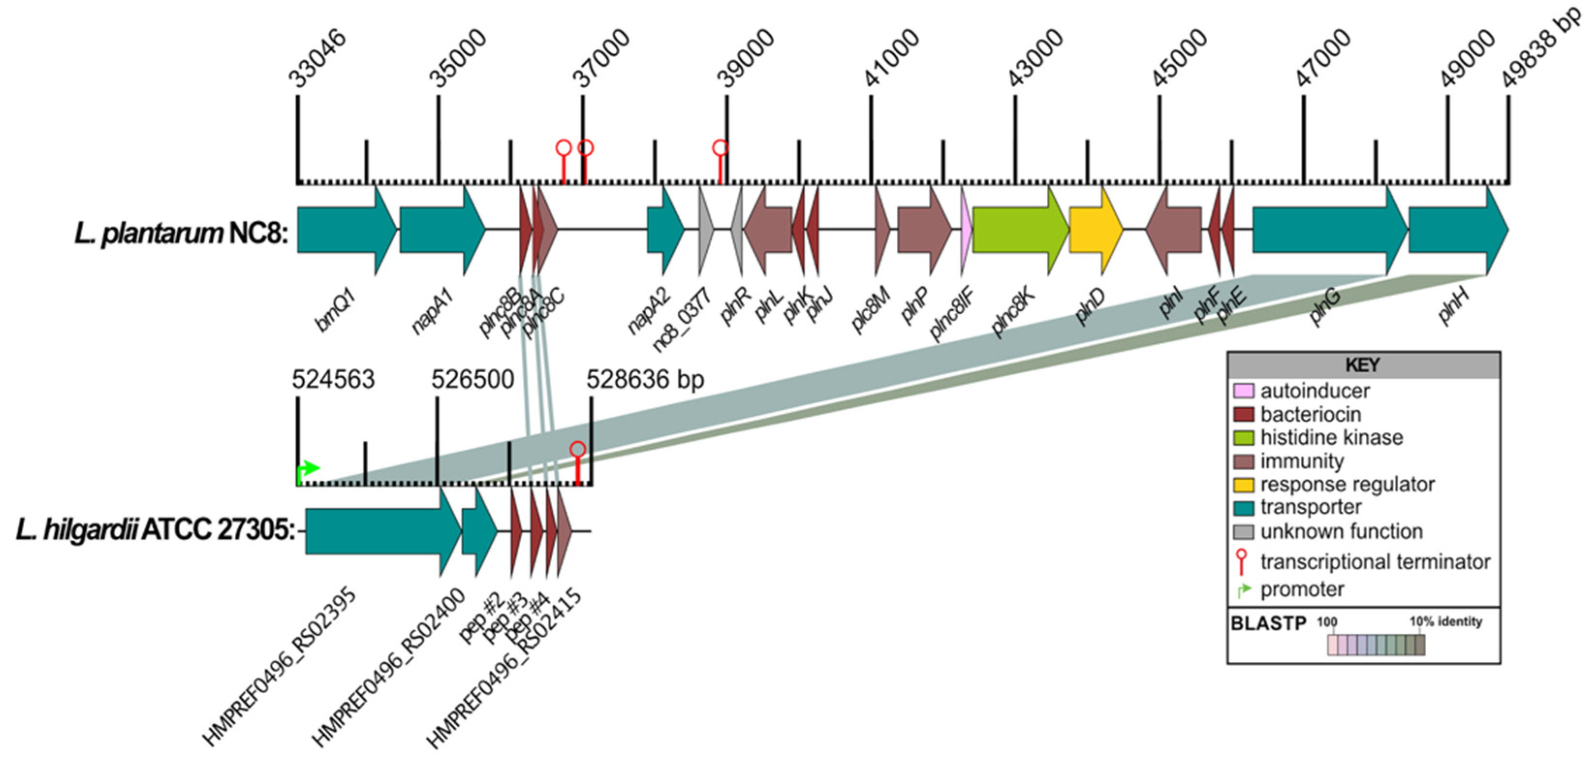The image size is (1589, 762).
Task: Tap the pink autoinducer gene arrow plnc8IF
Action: pos(966,230)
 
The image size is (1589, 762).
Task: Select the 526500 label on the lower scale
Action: pos(472,379)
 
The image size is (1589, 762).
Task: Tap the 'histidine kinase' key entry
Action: pos(1331,438)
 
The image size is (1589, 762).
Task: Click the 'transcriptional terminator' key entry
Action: pos(1374,562)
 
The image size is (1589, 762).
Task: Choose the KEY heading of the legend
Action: pos(1363,365)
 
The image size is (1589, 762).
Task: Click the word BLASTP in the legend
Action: pos(1268,623)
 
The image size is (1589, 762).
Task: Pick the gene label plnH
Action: pos(1453,307)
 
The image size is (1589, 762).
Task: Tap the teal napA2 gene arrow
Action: pos(664,230)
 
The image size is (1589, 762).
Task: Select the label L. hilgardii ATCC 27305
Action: pos(156,530)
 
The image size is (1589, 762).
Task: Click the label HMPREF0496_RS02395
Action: pos(279,667)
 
